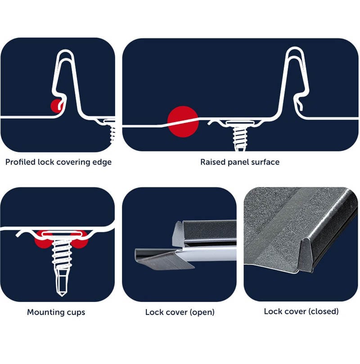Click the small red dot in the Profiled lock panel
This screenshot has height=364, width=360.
(56, 106)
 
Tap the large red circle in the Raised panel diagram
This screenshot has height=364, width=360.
(183, 121)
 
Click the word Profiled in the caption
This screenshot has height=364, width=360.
(21, 162)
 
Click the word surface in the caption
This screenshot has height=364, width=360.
(265, 162)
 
